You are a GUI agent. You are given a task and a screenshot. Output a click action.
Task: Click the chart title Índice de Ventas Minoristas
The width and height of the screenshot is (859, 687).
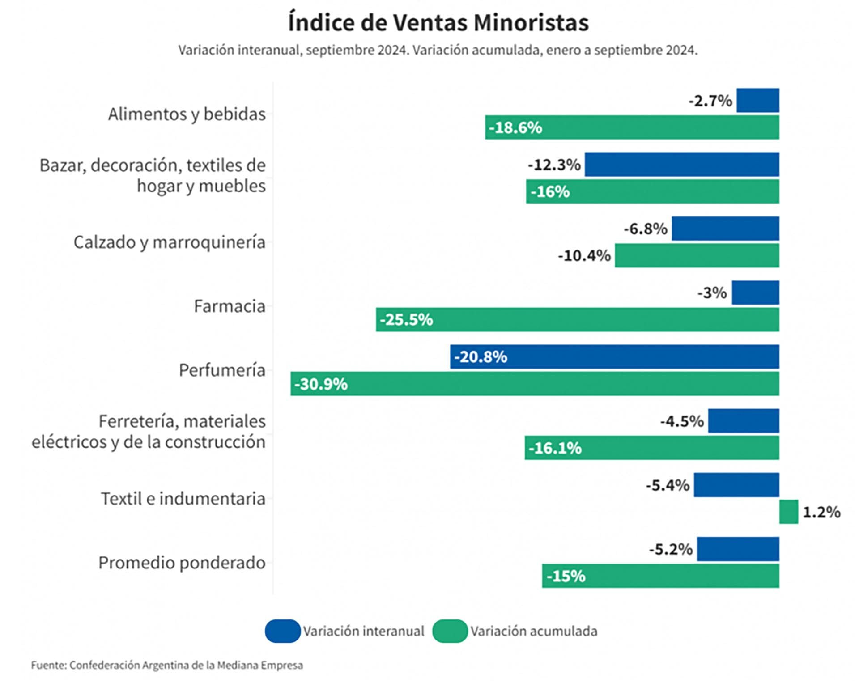click(x=438, y=22)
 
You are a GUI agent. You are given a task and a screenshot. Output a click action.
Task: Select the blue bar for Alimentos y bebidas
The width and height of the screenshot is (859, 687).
click(x=757, y=101)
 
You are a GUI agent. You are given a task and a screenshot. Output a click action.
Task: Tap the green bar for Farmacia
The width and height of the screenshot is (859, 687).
click(x=577, y=320)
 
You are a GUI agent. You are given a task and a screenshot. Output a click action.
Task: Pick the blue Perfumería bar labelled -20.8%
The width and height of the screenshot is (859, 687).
click(x=614, y=357)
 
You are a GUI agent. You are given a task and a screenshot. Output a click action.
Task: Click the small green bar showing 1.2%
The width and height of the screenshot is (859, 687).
click(x=788, y=512)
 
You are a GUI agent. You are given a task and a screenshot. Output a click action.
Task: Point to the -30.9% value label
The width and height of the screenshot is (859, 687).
click(x=321, y=384)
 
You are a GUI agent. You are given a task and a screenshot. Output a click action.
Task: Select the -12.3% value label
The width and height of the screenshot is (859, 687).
click(x=554, y=165)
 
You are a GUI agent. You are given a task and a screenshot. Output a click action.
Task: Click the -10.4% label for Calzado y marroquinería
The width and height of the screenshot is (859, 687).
click(x=584, y=256)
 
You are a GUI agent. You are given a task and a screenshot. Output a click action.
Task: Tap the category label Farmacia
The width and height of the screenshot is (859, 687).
click(x=229, y=306)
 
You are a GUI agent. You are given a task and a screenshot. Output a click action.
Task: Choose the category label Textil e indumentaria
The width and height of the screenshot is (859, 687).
click(x=183, y=499)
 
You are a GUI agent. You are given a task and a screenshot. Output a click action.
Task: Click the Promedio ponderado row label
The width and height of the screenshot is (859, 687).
click(x=182, y=563)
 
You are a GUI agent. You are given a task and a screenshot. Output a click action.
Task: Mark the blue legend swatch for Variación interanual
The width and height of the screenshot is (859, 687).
click(x=282, y=631)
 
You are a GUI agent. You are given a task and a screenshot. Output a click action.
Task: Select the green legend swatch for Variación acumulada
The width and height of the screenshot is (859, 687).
click(x=450, y=631)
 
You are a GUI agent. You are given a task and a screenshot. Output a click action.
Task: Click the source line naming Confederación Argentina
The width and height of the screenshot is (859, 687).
click(x=167, y=665)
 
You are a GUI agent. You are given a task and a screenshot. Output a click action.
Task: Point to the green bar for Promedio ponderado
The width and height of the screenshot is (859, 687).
click(x=660, y=576)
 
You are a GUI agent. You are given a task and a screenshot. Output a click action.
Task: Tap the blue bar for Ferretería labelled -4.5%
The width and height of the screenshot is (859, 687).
click(x=743, y=421)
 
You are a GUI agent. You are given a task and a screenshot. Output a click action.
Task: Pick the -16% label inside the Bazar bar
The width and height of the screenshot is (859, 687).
click(x=550, y=192)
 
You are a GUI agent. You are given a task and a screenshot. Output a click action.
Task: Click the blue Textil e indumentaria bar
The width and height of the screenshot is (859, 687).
click(x=736, y=485)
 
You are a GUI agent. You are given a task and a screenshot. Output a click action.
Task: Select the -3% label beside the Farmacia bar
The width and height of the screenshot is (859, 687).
click(x=712, y=293)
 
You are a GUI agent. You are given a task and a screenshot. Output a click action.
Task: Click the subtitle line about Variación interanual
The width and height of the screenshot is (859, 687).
click(x=438, y=50)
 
